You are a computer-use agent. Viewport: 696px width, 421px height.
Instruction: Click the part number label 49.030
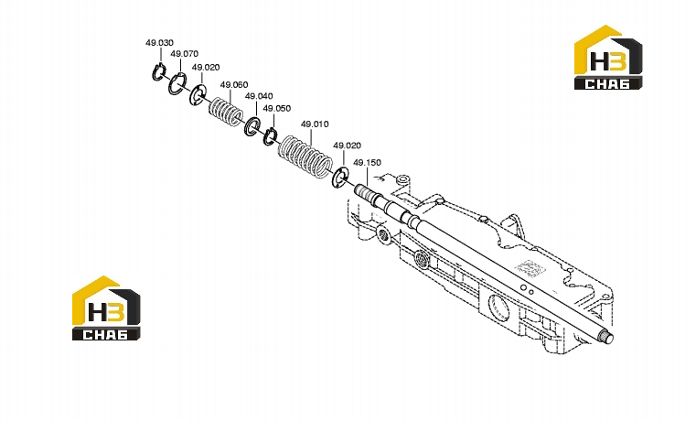pos(159,43)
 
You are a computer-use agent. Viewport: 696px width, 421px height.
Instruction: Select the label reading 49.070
pos(184,54)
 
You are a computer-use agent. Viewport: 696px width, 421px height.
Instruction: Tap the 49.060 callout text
pos(234,85)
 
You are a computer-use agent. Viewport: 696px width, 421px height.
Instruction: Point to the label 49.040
pos(259,96)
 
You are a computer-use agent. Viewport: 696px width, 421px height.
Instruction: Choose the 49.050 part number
pos(276,108)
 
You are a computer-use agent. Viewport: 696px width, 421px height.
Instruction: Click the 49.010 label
pos(315,124)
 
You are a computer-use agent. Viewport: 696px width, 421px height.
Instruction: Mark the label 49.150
pos(367,163)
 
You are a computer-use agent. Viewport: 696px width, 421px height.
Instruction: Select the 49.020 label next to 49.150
pos(348,146)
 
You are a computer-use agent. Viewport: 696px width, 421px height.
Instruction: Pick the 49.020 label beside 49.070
pos(206,67)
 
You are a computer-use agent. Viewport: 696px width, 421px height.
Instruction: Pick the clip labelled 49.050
pos(266,136)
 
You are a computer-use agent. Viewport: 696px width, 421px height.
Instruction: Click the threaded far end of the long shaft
pos(606,338)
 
